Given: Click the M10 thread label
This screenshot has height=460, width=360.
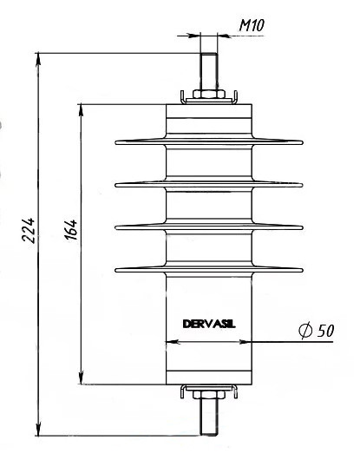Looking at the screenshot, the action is pos(252,25).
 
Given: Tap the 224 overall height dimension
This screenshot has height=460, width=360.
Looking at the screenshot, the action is pos(29,230).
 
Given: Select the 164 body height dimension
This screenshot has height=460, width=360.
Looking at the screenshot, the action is pos(71,229).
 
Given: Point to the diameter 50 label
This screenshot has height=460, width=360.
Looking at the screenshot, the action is pos(317,331).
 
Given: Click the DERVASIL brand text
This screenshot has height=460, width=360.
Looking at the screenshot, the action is pos(209,324).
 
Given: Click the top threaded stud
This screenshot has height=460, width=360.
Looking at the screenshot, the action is pos(208,71).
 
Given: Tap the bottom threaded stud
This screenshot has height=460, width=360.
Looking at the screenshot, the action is pos(209,417).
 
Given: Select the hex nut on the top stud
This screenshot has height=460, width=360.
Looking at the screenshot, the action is pos(209,94).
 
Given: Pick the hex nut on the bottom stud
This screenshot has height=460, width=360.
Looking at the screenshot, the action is pos(209,395).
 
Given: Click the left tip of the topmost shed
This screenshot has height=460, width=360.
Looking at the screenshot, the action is pos(115,143).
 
